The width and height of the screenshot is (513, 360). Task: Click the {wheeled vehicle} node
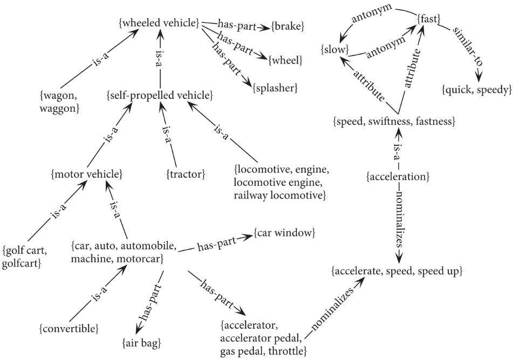[159, 23]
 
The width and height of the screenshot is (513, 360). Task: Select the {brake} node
[288, 26]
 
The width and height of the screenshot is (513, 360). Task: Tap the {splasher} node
[275, 88]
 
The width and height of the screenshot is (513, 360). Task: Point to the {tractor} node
[186, 174]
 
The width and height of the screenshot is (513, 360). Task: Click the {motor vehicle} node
[87, 174]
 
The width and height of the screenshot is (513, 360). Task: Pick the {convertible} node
[69, 328]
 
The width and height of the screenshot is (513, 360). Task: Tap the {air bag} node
[142, 343]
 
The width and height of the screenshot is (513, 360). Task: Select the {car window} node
[284, 233]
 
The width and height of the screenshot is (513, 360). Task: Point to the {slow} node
[334, 50]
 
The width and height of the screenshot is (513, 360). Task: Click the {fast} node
[429, 19]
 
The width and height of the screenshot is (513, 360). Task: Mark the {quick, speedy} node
[476, 90]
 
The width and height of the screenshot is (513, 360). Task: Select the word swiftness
[389, 122]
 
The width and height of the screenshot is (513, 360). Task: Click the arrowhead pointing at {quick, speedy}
[478, 77]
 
